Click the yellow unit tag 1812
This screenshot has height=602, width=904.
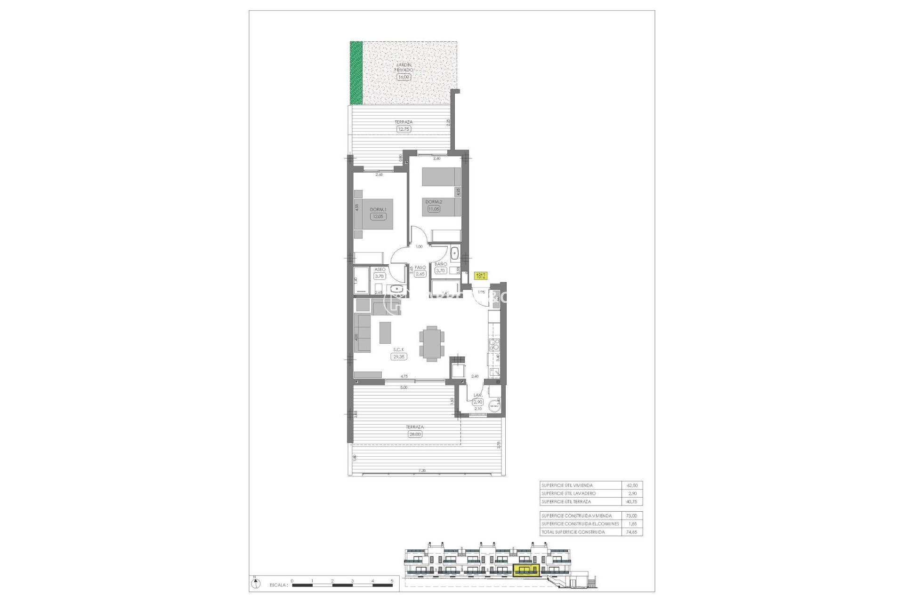481,276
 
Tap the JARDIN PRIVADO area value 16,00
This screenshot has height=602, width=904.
404,77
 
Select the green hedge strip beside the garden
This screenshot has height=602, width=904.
356,73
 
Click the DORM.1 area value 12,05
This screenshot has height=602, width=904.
378,217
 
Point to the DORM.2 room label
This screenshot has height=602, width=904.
434,202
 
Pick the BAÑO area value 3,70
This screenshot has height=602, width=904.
440,270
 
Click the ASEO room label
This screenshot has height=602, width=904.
379,269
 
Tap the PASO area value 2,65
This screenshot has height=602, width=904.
420,274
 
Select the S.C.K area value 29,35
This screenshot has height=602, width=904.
398,356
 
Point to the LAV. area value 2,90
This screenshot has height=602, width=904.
478,402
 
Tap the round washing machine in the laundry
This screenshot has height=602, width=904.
494,406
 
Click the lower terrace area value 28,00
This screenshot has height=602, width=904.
415,434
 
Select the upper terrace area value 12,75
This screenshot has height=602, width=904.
404,128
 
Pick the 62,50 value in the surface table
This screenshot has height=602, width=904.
631,485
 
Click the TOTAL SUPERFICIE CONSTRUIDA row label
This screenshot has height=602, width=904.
573,532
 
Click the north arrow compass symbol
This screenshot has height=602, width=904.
254,584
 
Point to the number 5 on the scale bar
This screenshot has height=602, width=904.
392,581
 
